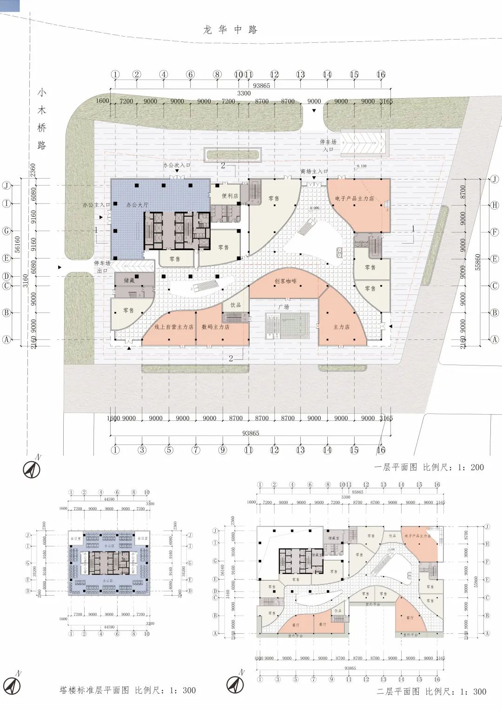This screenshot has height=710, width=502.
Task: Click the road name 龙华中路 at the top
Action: (230, 30)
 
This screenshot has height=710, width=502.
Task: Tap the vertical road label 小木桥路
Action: (42, 119)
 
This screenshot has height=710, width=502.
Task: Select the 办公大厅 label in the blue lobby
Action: (137, 205)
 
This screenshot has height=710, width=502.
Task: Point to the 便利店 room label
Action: (230, 196)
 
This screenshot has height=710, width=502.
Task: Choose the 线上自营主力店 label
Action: (173, 327)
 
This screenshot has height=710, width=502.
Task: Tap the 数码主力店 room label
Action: (215, 327)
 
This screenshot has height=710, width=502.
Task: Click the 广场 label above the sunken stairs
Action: (284, 307)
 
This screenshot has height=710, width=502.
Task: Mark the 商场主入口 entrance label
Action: (314, 172)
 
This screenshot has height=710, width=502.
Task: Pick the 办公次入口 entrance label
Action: (176, 165)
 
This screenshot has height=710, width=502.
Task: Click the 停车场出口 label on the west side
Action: (102, 267)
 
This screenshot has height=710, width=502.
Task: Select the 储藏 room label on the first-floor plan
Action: (129, 280)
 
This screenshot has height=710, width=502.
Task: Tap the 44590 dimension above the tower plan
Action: (109, 499)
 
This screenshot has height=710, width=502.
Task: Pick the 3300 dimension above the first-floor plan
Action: (244, 93)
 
